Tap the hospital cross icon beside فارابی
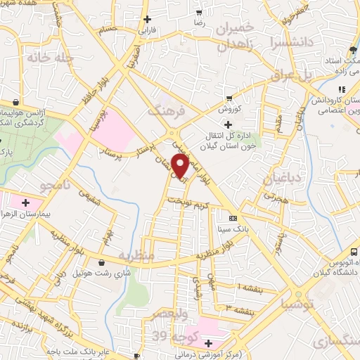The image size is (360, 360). point(146,20)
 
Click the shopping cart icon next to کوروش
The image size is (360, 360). point(229,98)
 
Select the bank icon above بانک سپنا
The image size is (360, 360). point(233,218)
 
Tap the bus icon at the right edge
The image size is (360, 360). point(354,252)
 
